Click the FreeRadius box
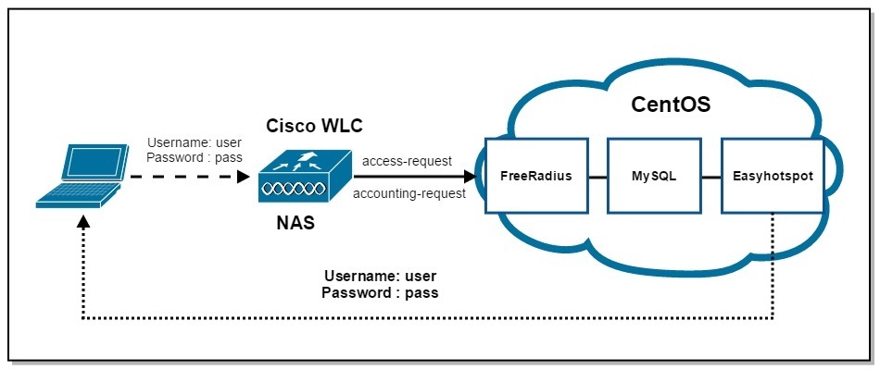click(x=535, y=175)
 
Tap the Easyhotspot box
click(x=772, y=175)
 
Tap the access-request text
click(x=407, y=160)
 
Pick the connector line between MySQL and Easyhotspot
click(x=712, y=175)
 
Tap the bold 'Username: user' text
click(x=380, y=276)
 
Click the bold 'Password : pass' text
click(x=380, y=292)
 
